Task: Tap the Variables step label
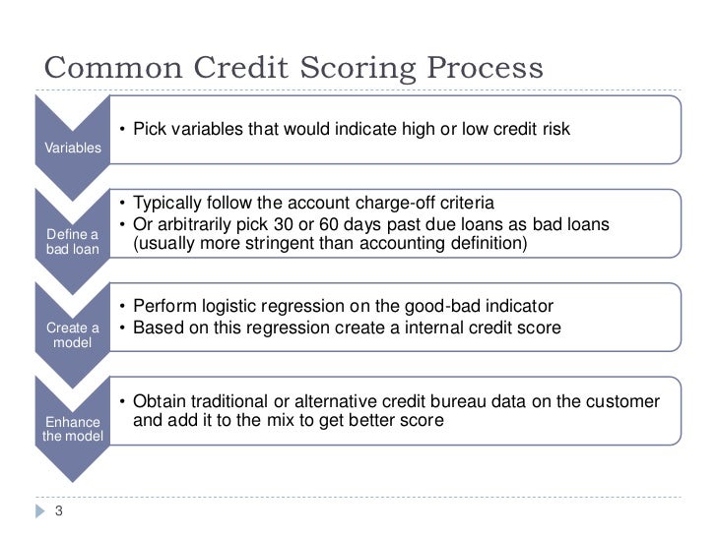pyautogui.click(x=73, y=148)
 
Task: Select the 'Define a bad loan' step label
pyautogui.click(x=73, y=241)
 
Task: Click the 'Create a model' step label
pyautogui.click(x=73, y=334)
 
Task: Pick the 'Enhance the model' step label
pyautogui.click(x=72, y=429)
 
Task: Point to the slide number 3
pyautogui.click(x=58, y=510)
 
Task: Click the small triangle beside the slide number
pyautogui.click(x=39, y=510)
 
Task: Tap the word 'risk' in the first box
pyautogui.click(x=554, y=130)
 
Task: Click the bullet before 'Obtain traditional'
pyautogui.click(x=121, y=401)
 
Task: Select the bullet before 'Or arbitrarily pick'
pyautogui.click(x=121, y=225)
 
